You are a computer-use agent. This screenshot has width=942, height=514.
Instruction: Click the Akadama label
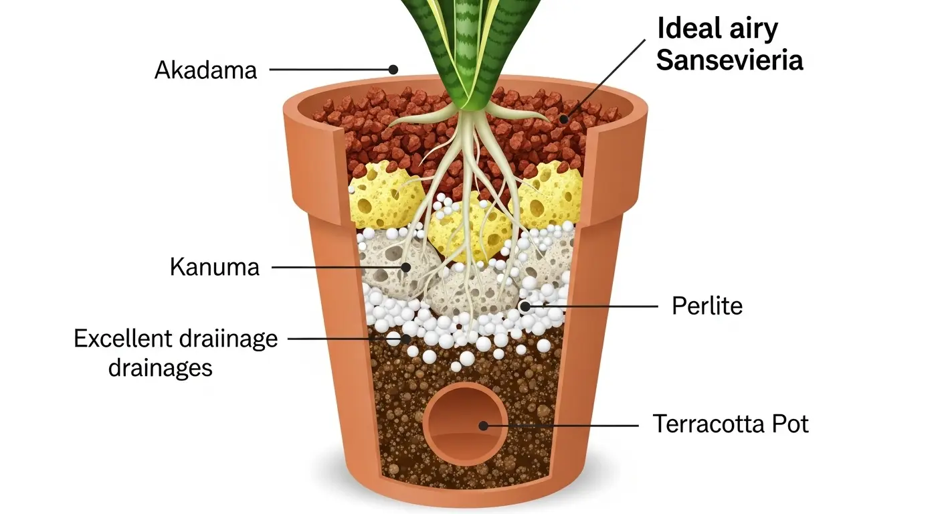pyautogui.click(x=205, y=70)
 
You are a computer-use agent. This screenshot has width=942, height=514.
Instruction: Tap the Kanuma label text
pyautogui.click(x=214, y=267)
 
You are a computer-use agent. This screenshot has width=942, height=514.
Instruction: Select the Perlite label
pyautogui.click(x=707, y=307)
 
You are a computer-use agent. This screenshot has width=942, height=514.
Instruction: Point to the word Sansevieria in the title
pyautogui.click(x=729, y=60)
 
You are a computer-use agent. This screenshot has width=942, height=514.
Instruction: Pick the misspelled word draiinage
pyautogui.click(x=227, y=339)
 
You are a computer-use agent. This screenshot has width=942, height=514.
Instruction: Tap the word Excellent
pyautogui.click(x=123, y=339)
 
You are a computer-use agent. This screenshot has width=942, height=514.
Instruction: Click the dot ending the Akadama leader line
pyautogui.click(x=393, y=69)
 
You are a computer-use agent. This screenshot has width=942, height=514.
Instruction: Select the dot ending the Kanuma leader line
pyautogui.click(x=405, y=267)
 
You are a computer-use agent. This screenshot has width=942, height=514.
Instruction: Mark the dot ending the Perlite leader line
pyautogui.click(x=525, y=307)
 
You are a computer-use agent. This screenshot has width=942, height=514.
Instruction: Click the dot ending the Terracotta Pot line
pyautogui.click(x=482, y=425)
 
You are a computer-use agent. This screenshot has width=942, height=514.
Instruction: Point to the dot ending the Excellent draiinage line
pyautogui.click(x=405, y=339)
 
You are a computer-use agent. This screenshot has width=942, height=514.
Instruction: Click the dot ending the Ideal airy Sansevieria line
pyautogui.click(x=564, y=119)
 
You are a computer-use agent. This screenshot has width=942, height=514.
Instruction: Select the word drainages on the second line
pyautogui.click(x=160, y=367)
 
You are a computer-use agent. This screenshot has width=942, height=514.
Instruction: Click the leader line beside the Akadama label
pyautogui.click(x=328, y=69)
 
